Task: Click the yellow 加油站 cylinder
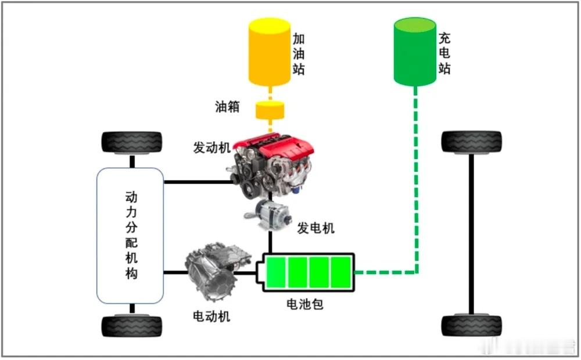[270, 52]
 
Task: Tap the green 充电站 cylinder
[415, 52]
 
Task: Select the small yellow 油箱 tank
[270, 110]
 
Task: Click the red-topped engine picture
[271, 166]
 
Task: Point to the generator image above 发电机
[268, 215]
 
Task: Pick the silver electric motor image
[217, 271]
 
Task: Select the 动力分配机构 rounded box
[130, 236]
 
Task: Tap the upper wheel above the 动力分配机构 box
[131, 143]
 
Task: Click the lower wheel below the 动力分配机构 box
[131, 326]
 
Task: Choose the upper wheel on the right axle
[471, 142]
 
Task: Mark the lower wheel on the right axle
[471, 326]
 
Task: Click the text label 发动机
[211, 147]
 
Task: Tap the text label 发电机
[315, 228]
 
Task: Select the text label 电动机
[211, 316]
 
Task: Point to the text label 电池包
[305, 304]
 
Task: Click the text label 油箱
[227, 107]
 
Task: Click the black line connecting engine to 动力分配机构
[198, 182]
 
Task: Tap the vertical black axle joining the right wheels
[471, 233]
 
